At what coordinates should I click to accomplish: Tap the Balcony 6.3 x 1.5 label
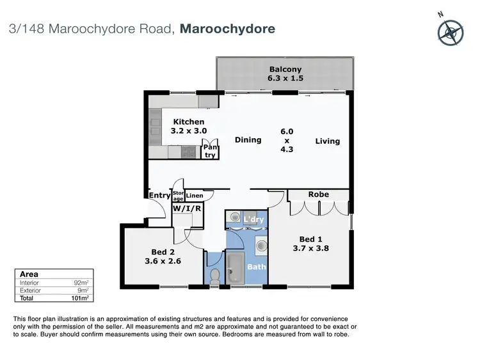point(285,74)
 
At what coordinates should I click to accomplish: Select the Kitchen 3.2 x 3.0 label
point(188,126)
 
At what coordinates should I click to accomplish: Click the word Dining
point(248,140)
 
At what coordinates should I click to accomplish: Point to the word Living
point(327,141)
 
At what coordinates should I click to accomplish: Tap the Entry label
point(159,196)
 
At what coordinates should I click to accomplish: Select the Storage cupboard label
point(178,196)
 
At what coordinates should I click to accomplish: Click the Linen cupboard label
point(195,196)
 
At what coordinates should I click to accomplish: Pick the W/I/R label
point(188,208)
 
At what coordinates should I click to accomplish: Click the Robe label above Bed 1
point(318,194)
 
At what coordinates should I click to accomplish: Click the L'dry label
point(253,220)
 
